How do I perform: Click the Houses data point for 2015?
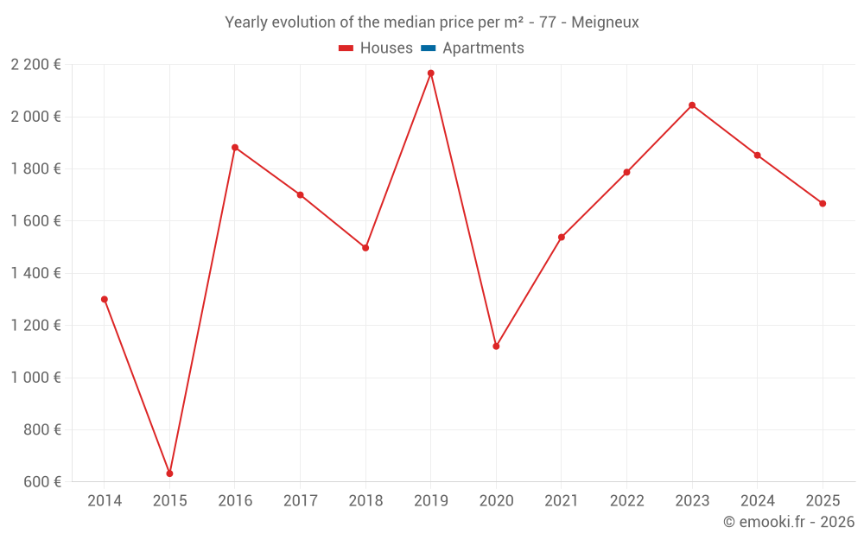[169, 473]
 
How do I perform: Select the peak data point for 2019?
[431, 73]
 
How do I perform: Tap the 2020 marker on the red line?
[496, 346]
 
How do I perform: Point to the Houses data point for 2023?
[692, 105]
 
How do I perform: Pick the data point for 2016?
[235, 148]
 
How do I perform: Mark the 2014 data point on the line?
[105, 300]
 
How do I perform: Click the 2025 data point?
[823, 204]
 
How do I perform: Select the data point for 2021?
[562, 238]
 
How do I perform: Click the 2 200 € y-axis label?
[35, 65]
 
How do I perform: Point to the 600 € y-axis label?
[41, 482]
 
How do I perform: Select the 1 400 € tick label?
[35, 273]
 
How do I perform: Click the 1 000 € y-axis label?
[35, 378]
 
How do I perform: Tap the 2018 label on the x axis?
[365, 501]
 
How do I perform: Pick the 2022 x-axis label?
[626, 501]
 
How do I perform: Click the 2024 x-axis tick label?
[758, 501]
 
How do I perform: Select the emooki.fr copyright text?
[789, 522]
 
